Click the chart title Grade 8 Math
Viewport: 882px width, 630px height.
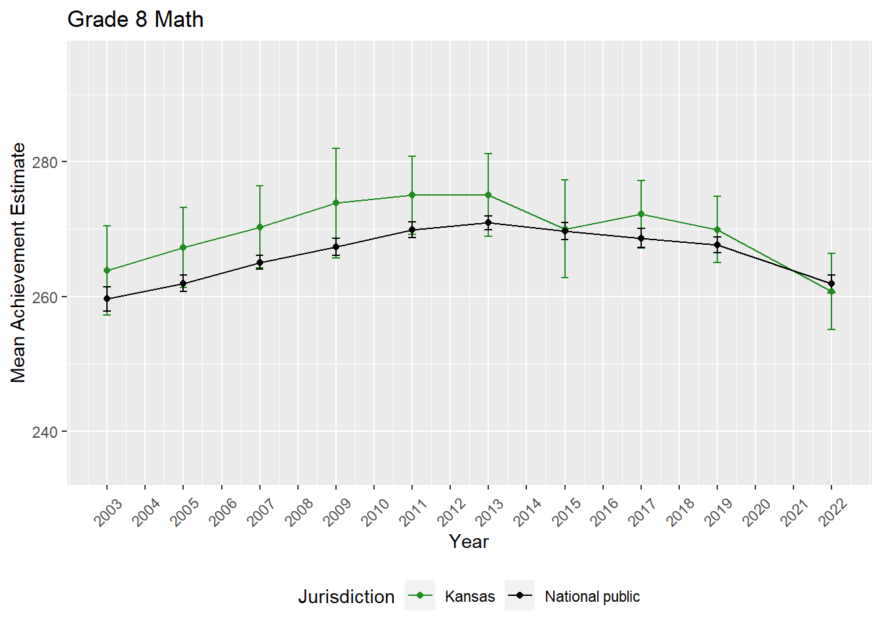click(135, 20)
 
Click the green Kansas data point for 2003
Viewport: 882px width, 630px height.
click(107, 270)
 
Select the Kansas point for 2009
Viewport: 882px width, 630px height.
click(336, 203)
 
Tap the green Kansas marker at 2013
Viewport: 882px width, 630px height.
click(488, 195)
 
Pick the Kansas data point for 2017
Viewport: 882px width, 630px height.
click(641, 214)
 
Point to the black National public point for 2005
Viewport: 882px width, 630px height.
click(183, 283)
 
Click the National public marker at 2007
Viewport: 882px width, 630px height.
click(260, 262)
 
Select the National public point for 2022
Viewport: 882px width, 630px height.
click(831, 283)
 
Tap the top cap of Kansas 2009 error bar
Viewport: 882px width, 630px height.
click(336, 148)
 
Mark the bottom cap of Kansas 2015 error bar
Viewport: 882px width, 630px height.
click(565, 278)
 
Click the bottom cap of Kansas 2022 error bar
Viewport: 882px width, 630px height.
click(831, 329)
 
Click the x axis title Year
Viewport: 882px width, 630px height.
click(469, 541)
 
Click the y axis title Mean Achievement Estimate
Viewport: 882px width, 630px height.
click(18, 262)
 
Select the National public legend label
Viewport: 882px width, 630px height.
click(592, 597)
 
